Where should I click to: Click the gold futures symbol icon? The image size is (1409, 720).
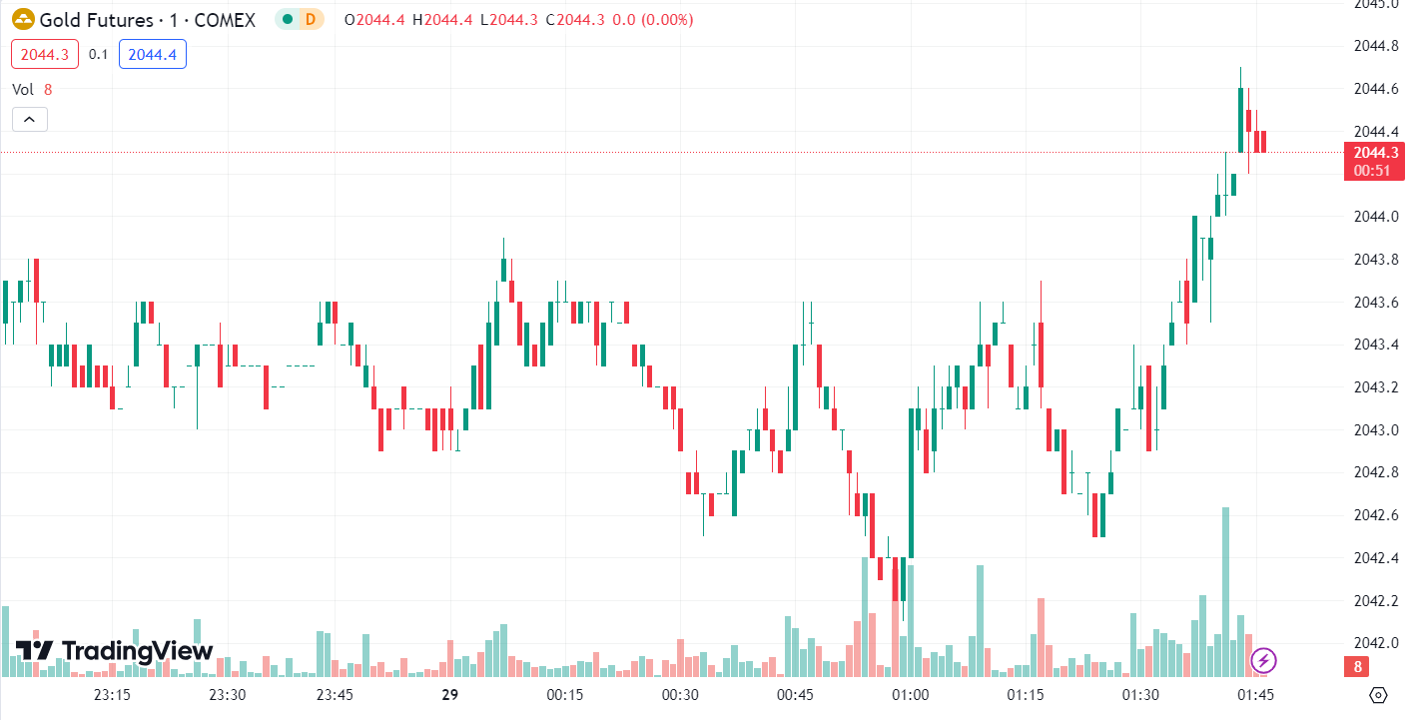coord(22,19)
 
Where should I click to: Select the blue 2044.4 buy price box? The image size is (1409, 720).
coord(152,54)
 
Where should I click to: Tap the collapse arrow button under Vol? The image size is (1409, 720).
coord(30,120)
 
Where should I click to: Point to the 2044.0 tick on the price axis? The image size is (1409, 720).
coord(1375,217)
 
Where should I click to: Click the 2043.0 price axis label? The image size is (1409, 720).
coord(1375,430)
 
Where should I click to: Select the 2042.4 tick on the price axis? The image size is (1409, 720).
coord(1375,558)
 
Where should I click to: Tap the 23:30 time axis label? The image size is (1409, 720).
coord(227,695)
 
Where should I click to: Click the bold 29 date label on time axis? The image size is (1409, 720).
coord(449,695)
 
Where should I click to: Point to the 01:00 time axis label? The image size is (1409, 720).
coord(911,695)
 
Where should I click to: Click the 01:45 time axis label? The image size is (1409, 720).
coord(1255,695)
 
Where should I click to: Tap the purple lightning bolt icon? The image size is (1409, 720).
coord(1263,660)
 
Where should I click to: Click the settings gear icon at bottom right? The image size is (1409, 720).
coord(1379,695)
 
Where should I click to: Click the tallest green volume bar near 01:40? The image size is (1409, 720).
coord(1225,589)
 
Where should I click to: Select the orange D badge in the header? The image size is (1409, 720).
coord(311,19)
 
